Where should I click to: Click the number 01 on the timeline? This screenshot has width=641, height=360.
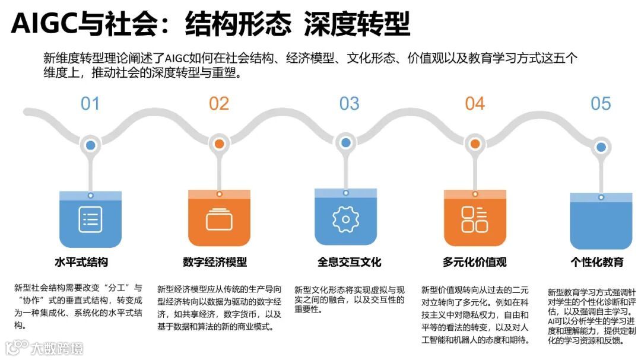[90, 104]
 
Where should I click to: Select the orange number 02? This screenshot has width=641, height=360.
[219, 104]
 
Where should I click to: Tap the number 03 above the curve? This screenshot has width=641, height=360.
[349, 104]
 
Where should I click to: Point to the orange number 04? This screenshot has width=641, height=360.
[475, 104]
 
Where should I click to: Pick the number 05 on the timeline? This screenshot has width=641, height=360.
[601, 104]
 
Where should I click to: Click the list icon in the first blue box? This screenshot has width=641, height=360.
[90, 219]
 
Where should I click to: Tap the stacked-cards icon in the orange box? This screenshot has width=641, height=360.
[219, 219]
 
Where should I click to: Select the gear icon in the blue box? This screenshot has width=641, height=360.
[345, 219]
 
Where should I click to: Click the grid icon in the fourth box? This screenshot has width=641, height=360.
[475, 219]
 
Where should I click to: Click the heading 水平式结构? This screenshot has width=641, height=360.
[81, 262]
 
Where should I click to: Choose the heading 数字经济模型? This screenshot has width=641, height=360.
[214, 262]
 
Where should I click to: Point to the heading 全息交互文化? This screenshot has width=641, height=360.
[349, 262]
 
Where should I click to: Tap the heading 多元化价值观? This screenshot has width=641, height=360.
[474, 262]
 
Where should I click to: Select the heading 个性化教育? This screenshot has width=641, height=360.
[597, 262]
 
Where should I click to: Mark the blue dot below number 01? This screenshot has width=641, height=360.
[90, 144]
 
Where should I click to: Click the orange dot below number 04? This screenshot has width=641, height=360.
[475, 144]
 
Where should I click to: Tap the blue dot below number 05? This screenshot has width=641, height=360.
[601, 147]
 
